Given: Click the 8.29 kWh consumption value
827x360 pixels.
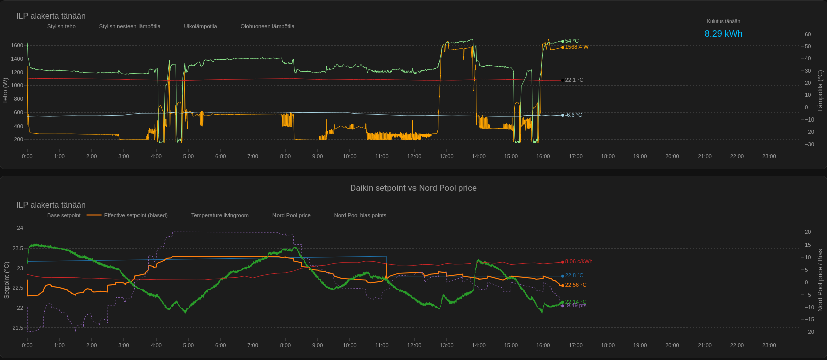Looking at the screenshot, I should pos(723,34).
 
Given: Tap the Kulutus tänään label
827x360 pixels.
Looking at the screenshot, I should pos(723,21).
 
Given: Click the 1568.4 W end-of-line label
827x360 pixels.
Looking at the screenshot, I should pos(577,47).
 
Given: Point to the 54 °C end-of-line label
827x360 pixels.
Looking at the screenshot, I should pos(572,41).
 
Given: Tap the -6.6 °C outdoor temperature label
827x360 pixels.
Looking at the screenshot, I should pos(574,115).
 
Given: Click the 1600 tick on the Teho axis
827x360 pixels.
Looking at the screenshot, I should pos(17,46).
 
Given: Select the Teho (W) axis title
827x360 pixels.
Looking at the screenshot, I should pos(5,90).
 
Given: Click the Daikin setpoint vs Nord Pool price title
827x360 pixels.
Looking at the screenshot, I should pos(413,188).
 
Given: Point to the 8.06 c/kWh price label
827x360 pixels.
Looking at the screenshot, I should pos(579,262).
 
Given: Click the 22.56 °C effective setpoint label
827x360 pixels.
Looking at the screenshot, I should pos(576,285).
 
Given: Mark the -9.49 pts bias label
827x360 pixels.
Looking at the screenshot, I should pos(576,306).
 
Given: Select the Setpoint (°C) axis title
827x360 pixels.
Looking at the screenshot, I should pos(7,280).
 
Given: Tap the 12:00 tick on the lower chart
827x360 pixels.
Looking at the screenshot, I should pos(414,345).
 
